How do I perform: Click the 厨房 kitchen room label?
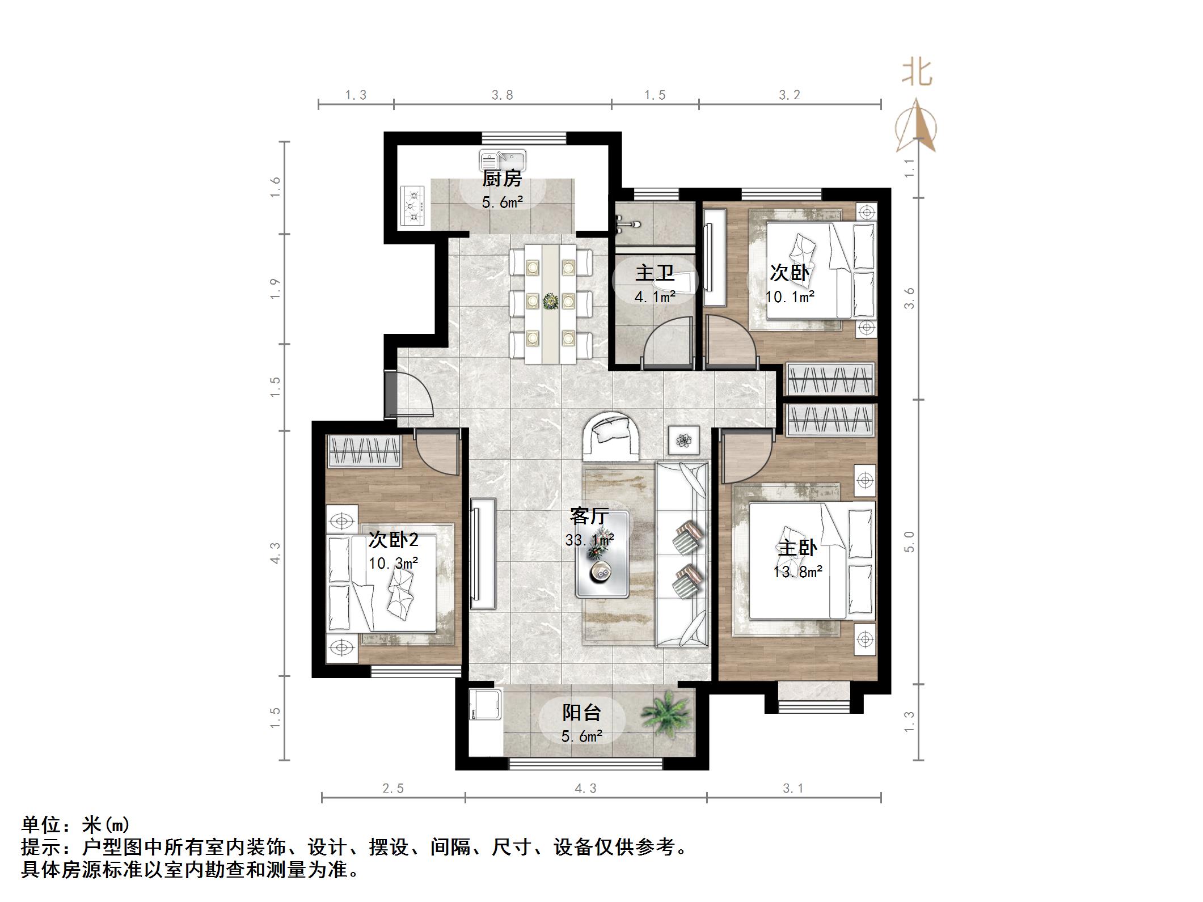[502, 179]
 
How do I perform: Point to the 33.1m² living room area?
[589, 540]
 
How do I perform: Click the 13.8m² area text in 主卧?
[797, 572]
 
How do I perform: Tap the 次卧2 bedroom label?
[393, 540]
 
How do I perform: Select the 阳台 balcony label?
[581, 713]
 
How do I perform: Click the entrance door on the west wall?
[391, 395]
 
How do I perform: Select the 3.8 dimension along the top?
[502, 95]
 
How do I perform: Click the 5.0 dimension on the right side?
[909, 541]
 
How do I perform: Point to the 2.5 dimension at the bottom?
[392, 789]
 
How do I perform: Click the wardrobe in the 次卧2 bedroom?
[365, 451]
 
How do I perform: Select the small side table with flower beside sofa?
[685, 439]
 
